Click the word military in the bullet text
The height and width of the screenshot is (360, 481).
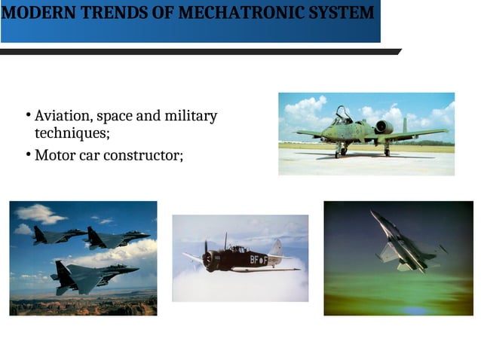pos(191,117)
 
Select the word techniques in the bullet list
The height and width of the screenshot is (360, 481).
pos(72,133)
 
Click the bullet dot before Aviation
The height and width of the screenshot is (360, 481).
pos(26,116)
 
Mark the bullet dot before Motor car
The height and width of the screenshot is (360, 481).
pos(26,155)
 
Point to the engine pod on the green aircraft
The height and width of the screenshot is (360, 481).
pos(383,127)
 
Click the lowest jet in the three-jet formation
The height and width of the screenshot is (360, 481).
pos(90,275)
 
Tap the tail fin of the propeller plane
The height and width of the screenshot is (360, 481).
pos(277,248)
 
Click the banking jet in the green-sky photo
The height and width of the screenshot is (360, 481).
pos(404,245)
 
